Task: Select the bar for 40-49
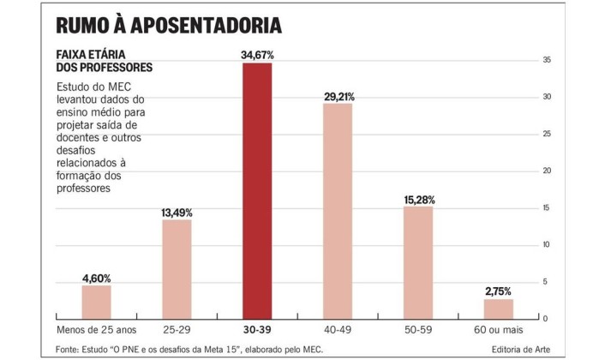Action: coord(338,211)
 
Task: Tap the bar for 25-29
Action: coord(177,269)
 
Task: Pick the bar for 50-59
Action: coord(418,262)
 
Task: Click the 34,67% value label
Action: coord(257,56)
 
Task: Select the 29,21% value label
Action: coord(338,96)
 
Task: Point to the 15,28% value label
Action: coord(418,200)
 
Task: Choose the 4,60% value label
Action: coord(96,278)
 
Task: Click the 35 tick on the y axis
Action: coord(546,60)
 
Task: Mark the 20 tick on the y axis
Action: coord(546,171)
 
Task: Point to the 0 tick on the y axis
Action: coord(544,319)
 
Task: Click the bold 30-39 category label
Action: coord(257,329)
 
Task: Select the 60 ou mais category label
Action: coord(499,329)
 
